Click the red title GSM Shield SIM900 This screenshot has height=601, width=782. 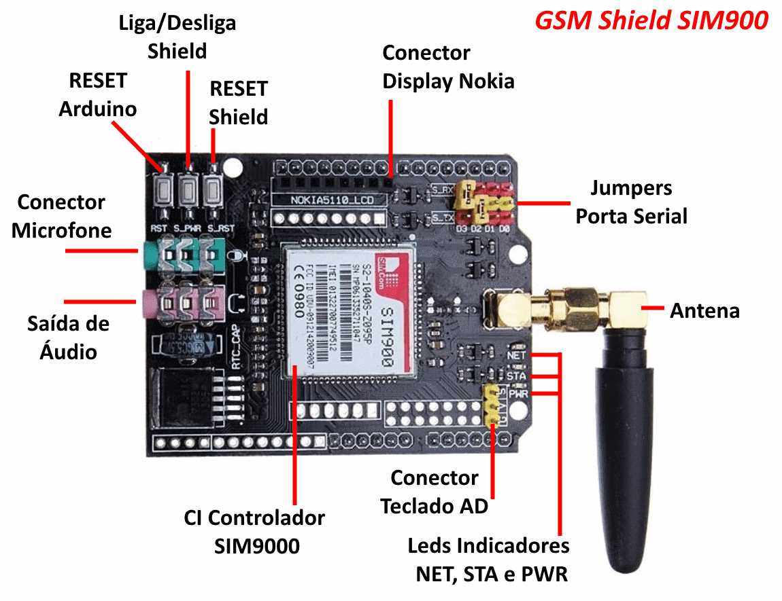[651, 20]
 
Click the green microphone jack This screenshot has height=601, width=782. [184, 257]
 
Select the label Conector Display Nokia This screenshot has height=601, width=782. [447, 67]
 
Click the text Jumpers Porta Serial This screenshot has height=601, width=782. [631, 202]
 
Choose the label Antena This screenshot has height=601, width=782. [704, 311]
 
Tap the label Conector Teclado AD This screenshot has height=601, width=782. [434, 492]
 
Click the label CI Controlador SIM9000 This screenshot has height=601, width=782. [254, 532]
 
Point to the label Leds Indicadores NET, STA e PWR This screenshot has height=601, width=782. [488, 560]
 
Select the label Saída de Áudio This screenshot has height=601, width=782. [68, 338]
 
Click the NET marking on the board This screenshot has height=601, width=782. [515, 355]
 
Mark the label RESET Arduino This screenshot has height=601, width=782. [97, 94]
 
